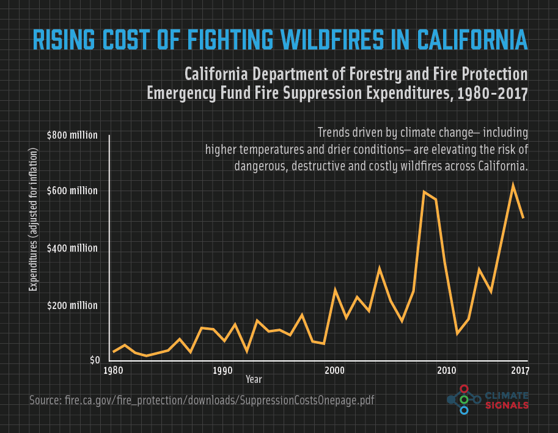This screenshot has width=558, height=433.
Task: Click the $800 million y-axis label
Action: [72, 135]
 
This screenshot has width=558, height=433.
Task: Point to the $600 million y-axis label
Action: [72, 191]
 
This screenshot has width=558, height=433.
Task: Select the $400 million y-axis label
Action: [72, 248]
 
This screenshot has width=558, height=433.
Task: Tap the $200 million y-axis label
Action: [72, 305]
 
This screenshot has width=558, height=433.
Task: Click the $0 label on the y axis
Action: [95, 360]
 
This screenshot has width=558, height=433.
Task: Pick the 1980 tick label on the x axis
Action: [113, 371]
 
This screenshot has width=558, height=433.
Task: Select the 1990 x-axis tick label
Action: [222, 371]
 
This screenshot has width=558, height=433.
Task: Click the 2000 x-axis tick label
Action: [334, 371]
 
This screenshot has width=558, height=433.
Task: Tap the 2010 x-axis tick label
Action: [447, 371]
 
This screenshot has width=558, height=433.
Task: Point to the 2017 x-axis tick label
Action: [520, 371]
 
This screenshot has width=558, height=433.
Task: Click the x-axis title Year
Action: [254, 379]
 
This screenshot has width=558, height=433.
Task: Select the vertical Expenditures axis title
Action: [33, 219]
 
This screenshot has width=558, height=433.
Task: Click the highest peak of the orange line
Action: [513, 184]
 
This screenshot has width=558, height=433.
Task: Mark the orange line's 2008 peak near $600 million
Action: [424, 192]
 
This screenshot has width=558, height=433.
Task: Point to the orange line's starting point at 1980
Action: [114, 352]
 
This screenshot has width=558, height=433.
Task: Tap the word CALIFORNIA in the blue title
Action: [472, 40]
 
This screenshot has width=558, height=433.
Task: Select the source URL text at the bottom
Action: [202, 400]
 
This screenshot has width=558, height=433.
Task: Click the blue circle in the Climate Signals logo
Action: [464, 410]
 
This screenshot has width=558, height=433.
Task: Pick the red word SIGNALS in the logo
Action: [507, 406]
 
